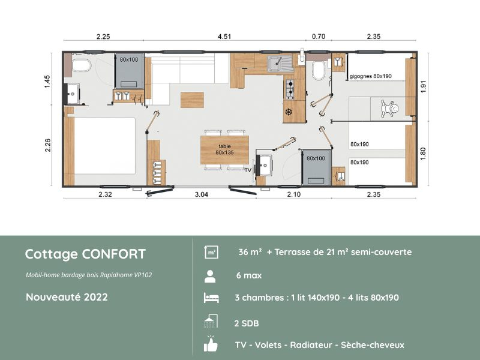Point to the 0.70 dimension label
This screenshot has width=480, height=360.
319,37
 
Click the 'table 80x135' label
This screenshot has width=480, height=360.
225,149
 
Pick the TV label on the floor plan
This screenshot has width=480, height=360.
248,170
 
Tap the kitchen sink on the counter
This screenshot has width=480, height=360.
278,61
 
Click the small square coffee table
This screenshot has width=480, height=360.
193,99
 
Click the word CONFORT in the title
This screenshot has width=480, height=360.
116,254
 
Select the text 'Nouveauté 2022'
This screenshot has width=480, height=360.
67,297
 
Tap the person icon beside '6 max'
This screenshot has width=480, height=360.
210,276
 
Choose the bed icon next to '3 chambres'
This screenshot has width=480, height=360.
210,298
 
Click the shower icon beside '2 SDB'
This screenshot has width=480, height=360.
210,322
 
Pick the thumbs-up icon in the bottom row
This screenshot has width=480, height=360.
210,344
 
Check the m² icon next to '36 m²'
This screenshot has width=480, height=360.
211,253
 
